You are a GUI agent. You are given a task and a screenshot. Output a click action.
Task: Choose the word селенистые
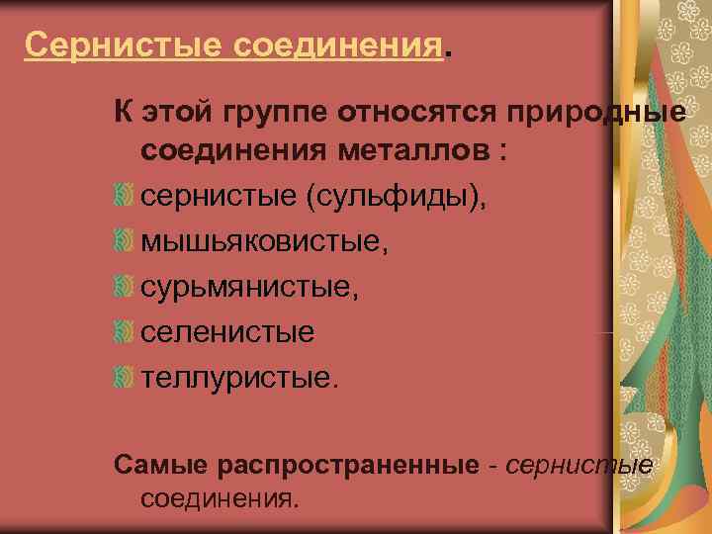click(227, 333)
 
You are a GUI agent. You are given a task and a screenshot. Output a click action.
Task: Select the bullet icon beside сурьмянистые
click(124, 288)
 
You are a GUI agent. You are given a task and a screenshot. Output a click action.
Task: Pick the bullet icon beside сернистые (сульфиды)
click(124, 196)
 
